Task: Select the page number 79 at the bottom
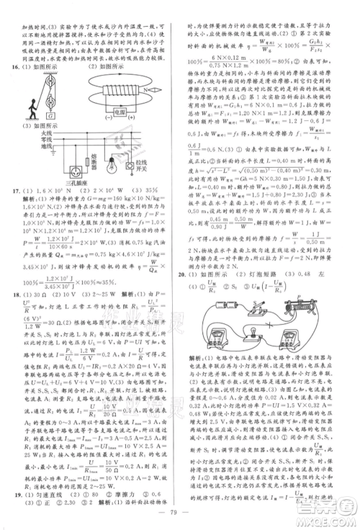click(x=181, y=513)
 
